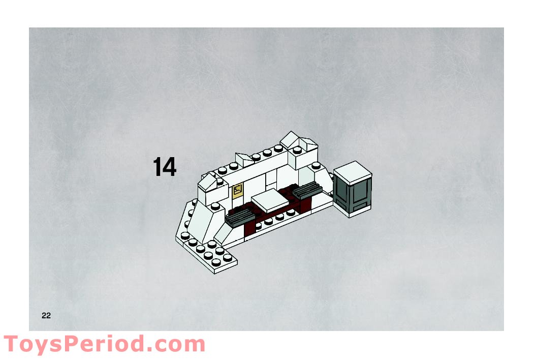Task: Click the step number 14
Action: tap(165, 167)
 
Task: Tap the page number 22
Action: tap(46, 316)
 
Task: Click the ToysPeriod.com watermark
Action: tap(104, 344)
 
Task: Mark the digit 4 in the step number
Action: tap(170, 167)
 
